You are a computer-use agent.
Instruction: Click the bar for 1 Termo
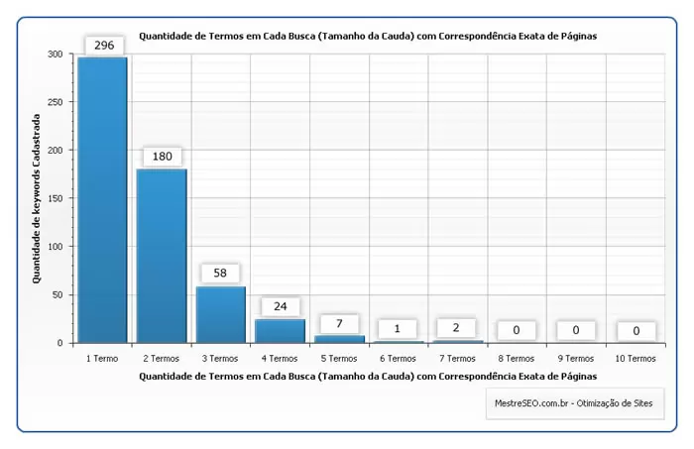pos(102,200)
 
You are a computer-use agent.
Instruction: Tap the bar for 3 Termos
pos(221,314)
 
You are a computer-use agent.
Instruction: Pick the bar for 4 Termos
pos(280,331)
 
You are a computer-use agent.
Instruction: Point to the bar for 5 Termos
pos(339,339)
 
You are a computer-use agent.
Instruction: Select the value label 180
pos(163,158)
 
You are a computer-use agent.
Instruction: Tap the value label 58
pos(221,274)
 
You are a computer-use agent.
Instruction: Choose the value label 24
pos(281,307)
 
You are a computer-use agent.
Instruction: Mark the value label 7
pos(339,324)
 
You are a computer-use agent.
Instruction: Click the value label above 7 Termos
pos(457,328)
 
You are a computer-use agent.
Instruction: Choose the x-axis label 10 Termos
pos(635,359)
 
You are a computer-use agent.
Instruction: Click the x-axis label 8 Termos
pos(517,359)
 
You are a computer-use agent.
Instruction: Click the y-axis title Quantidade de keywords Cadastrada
pos(37,198)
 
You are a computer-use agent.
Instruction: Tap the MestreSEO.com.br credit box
pos(575,403)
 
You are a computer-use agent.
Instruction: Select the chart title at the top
pos(368,36)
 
